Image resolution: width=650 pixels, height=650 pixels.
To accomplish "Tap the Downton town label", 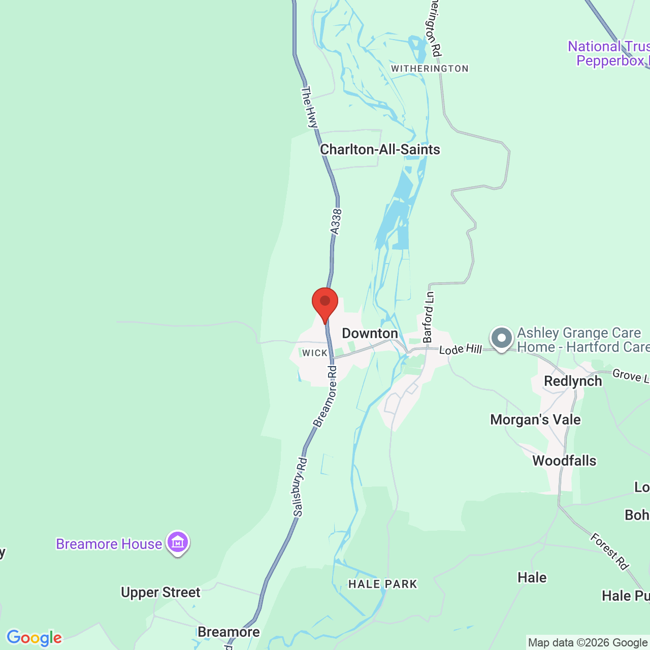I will click(370, 334).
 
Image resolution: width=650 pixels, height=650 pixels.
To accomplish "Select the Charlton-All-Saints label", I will click(380, 150).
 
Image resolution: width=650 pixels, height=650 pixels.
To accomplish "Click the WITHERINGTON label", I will click(430, 69).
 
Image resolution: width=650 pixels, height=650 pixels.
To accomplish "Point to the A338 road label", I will click(336, 222).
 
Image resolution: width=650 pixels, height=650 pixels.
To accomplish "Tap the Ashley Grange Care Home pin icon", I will click(502, 338).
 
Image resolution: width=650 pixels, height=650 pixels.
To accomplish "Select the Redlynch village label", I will click(573, 381).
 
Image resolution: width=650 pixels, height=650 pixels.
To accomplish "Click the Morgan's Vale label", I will click(535, 420).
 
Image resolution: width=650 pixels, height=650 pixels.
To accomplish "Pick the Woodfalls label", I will click(564, 461).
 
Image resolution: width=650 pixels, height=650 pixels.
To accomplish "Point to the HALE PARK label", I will click(383, 584).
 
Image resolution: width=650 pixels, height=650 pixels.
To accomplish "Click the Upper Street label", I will click(160, 593).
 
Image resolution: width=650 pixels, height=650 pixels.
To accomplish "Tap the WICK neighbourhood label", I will click(315, 353).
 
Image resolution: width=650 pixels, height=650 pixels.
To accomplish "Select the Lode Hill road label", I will click(460, 349).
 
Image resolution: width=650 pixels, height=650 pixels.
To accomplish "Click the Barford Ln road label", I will click(429, 317).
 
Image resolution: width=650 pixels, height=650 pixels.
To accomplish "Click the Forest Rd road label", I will click(610, 551).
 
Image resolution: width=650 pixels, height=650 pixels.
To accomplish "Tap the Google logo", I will click(34, 638).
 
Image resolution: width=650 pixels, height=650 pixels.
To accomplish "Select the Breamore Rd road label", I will click(326, 396).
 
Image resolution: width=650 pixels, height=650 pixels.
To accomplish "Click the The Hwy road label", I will click(309, 107).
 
